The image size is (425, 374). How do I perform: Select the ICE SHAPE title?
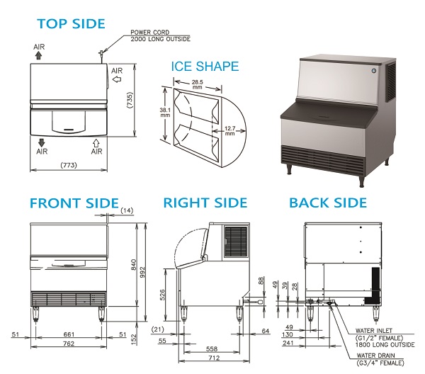pyautogui.click(x=205, y=67)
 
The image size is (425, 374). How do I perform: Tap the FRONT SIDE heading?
pyautogui.click(x=74, y=203)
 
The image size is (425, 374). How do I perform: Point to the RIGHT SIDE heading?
pyautogui.click(x=205, y=203)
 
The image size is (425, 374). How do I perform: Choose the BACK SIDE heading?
pyautogui.click(x=327, y=203)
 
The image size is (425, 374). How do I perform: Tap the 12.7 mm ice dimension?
pyautogui.click(x=231, y=131)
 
